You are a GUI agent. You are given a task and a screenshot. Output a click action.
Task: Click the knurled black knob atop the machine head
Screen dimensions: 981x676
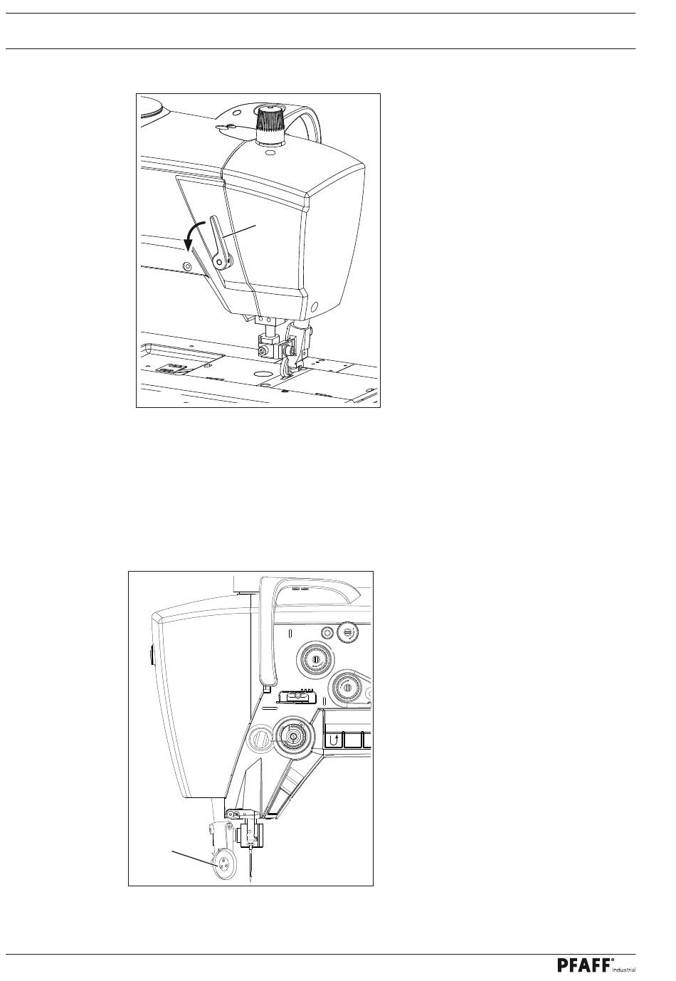pyautogui.click(x=270, y=119)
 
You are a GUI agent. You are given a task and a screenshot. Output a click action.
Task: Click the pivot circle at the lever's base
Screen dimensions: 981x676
pyautogui.click(x=222, y=262)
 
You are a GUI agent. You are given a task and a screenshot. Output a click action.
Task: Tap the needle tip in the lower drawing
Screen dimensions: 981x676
pyautogui.click(x=251, y=881)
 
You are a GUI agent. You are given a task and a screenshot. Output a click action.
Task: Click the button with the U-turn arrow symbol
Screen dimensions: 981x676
pyautogui.click(x=332, y=740)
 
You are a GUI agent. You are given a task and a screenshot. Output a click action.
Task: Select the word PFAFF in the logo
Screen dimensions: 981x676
pyautogui.click(x=584, y=965)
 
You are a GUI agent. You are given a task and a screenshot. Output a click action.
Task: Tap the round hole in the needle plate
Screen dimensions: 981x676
pyautogui.click(x=262, y=372)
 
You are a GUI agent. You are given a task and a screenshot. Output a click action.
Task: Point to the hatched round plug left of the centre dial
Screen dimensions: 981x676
pyautogui.click(x=261, y=739)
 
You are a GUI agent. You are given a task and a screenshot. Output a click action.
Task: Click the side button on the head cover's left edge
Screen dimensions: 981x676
pyautogui.click(x=152, y=654)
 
